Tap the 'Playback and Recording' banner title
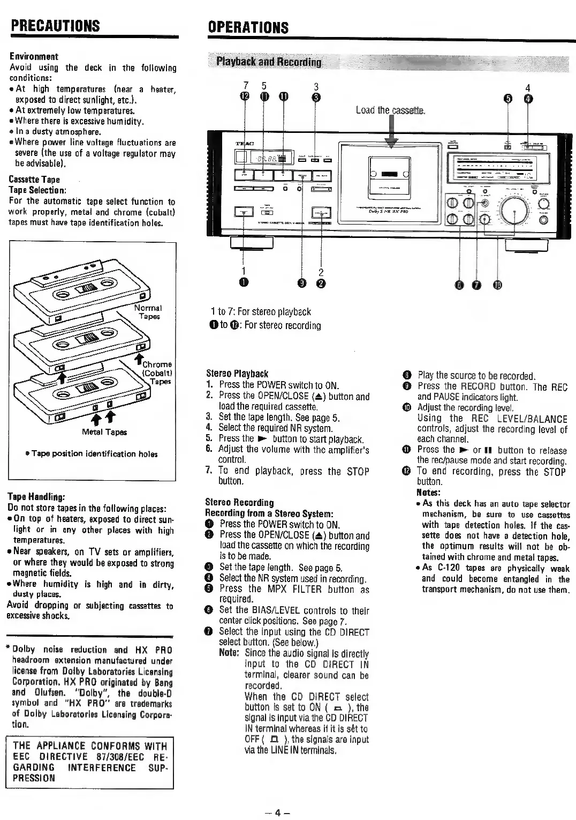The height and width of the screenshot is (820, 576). pyautogui.click(x=269, y=62)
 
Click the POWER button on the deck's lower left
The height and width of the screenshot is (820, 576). pyautogui.click(x=245, y=212)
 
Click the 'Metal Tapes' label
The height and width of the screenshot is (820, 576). pyautogui.click(x=104, y=432)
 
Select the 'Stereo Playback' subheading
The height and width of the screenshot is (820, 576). pyautogui.click(x=237, y=374)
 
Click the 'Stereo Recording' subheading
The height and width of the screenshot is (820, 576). pyautogui.click(x=239, y=502)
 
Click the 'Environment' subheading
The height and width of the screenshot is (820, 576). pyautogui.click(x=34, y=56)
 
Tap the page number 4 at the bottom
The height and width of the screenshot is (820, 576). pyautogui.click(x=277, y=812)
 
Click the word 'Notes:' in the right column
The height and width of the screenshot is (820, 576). pyautogui.click(x=428, y=493)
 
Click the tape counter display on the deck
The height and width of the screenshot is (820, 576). pyautogui.click(x=271, y=158)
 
